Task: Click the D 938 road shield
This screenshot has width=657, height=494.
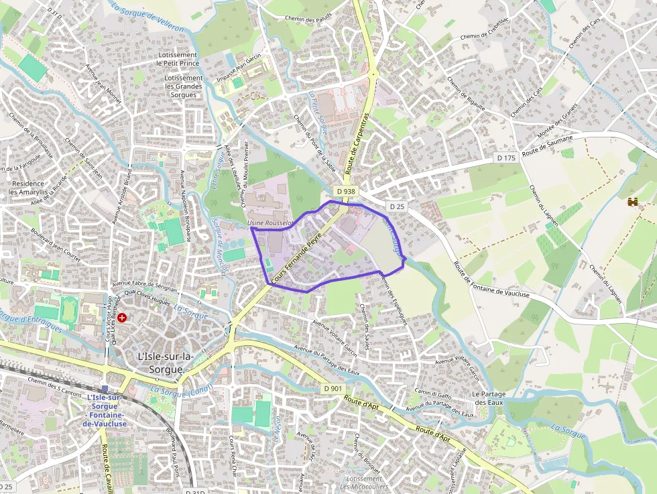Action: click(345, 191)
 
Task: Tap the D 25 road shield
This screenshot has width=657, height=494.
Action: click(397, 206)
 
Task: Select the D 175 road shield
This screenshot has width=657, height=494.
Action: click(506, 158)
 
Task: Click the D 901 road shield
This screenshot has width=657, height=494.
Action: click(332, 388)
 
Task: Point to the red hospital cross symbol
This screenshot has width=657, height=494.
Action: click(122, 317)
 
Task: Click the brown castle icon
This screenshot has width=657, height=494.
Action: click(632, 201)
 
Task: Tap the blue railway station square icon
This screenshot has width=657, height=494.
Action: click(105, 389)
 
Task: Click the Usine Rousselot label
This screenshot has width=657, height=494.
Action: click(271, 223)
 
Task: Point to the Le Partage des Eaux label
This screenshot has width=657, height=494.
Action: click(489, 398)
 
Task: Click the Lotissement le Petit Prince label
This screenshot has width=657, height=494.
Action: click(178, 59)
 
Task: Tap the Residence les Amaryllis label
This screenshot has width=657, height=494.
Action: click(27, 188)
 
